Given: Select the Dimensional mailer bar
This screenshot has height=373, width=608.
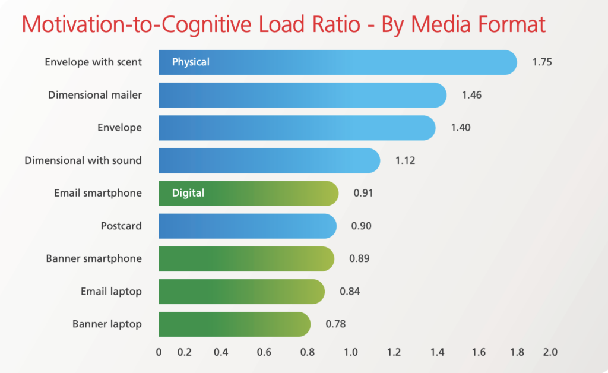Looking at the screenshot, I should click(x=303, y=95).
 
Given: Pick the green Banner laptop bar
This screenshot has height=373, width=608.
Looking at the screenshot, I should click(x=235, y=324).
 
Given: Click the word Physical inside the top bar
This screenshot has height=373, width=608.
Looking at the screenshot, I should click(x=191, y=62).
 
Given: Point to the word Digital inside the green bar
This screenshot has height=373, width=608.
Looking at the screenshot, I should click(x=188, y=192).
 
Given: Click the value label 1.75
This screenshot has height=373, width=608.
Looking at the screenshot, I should click(x=542, y=62).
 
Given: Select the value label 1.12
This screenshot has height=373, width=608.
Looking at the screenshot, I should click(x=406, y=160).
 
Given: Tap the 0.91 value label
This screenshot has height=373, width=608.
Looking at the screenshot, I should click(x=363, y=193).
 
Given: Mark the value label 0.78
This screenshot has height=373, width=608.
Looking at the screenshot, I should click(x=335, y=324).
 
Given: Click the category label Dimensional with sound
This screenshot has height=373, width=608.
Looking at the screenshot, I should click(x=83, y=160).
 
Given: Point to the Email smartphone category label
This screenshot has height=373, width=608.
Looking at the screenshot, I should click(x=98, y=193).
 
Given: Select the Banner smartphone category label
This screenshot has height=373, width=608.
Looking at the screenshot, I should click(x=94, y=258).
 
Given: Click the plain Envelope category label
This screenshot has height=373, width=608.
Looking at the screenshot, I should click(x=119, y=128).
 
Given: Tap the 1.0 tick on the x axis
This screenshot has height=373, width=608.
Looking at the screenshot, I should click(x=350, y=352).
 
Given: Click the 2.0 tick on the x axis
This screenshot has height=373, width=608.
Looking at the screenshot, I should click(x=550, y=352).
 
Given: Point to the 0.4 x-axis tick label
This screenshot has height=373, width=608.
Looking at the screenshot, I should click(x=221, y=352).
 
